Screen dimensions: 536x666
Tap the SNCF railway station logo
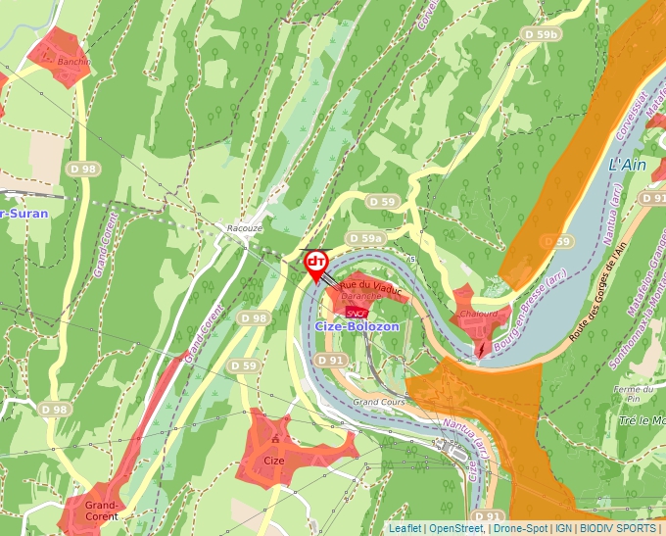[x=356, y=312]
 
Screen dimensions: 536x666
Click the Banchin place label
[x=73, y=62]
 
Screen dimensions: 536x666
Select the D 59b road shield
[x=540, y=34]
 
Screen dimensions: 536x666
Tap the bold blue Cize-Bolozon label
[x=357, y=326]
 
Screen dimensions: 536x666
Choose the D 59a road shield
[x=364, y=239]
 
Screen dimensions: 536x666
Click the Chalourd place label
[x=479, y=314]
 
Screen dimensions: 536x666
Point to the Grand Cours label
[x=379, y=402]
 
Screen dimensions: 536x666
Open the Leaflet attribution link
[x=404, y=528]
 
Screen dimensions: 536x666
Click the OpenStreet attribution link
[x=456, y=528]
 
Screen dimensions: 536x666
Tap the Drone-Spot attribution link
[x=521, y=528]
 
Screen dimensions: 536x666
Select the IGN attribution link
[x=564, y=528]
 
